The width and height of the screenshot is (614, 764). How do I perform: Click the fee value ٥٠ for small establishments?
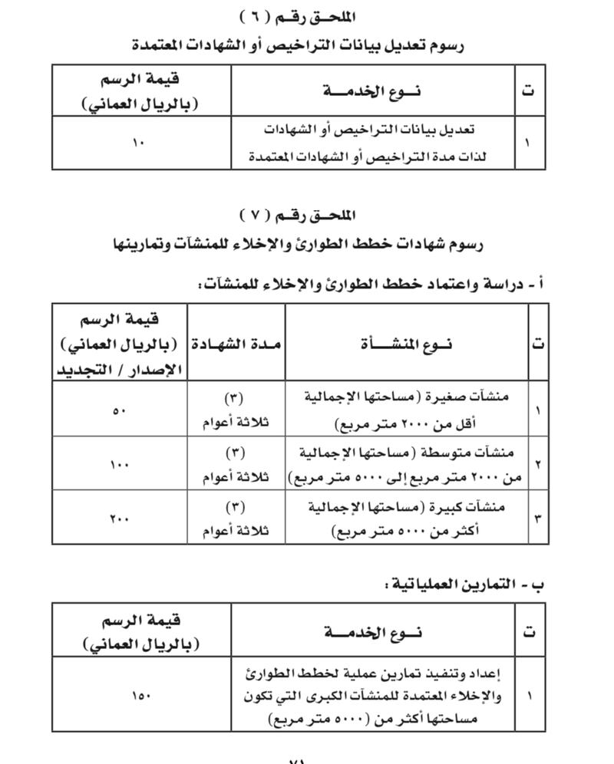pyautogui.click(x=119, y=410)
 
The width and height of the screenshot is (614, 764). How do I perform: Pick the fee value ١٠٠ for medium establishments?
pyautogui.click(x=119, y=464)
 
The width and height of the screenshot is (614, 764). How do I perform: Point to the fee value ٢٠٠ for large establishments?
pyautogui.click(x=119, y=518)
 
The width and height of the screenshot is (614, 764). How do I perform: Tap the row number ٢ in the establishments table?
pyautogui.click(x=537, y=465)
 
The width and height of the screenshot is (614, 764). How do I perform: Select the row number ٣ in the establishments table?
pyautogui.click(x=537, y=519)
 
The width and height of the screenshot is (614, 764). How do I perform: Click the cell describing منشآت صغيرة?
pyautogui.click(x=407, y=410)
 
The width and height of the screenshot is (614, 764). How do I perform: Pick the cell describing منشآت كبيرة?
pyautogui.click(x=407, y=518)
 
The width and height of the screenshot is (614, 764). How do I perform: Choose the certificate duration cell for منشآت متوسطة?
pyautogui.click(x=236, y=464)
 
